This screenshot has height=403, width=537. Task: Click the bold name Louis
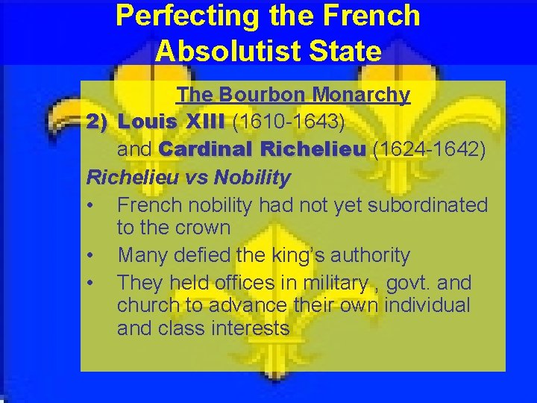click(x=148, y=121)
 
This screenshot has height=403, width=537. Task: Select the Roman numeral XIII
click(x=205, y=121)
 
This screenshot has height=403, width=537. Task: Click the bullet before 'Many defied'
click(x=90, y=256)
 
